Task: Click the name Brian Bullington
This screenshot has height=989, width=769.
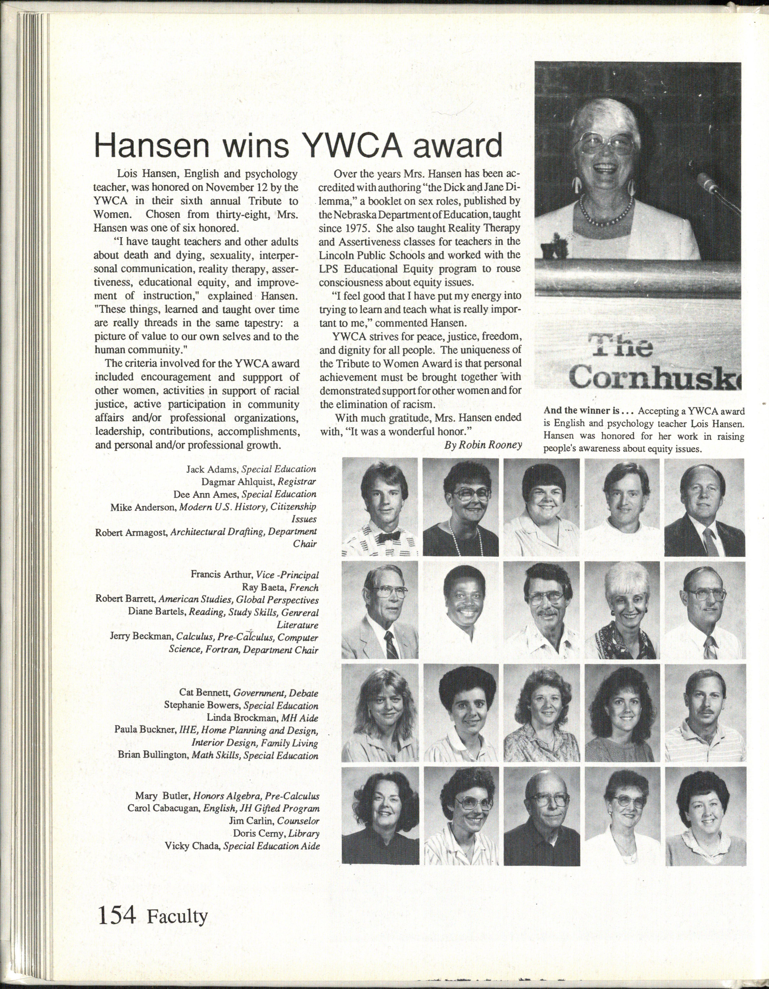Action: [153, 755]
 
